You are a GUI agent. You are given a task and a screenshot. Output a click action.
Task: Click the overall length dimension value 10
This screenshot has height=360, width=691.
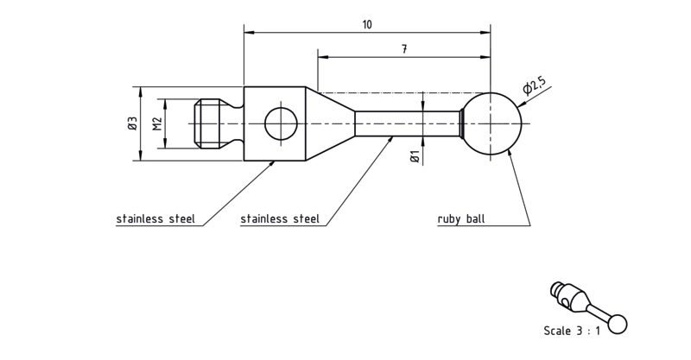(367, 24)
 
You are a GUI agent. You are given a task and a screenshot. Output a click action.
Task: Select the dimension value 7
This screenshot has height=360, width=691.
(404, 49)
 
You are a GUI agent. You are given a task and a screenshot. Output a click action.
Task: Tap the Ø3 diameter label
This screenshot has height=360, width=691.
(133, 123)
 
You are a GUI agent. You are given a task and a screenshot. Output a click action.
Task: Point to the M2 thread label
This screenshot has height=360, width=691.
(157, 123)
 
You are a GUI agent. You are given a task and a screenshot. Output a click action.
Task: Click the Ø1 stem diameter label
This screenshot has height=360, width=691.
(415, 156)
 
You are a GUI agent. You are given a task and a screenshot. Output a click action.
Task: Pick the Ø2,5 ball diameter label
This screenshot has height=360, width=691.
(534, 85)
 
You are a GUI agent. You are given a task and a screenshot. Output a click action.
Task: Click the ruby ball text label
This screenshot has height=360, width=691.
(461, 219)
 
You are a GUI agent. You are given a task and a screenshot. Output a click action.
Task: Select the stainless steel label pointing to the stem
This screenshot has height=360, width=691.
(280, 219)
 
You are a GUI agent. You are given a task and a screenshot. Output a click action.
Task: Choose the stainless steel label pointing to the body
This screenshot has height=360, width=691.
(155, 219)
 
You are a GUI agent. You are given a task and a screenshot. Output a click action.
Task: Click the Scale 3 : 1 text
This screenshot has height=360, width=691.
(572, 331)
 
